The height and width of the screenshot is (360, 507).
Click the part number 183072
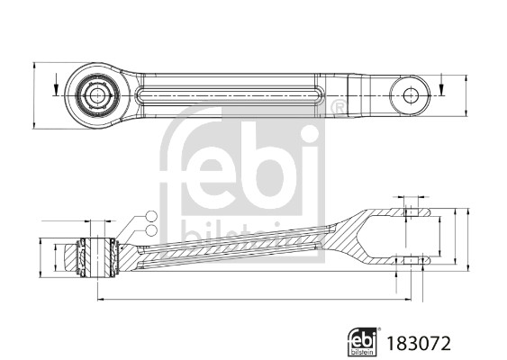pyautogui.click(x=419, y=344)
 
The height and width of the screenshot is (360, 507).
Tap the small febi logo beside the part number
pyautogui.click(x=363, y=342)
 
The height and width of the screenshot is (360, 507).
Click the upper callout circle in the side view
pyautogui.click(x=151, y=216)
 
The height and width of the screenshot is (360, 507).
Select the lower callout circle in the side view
pyautogui.click(x=151, y=230)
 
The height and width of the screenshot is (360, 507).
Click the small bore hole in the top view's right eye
pyautogui.click(x=411, y=95)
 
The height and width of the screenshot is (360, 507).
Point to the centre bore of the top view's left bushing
pyautogui.click(x=95, y=95)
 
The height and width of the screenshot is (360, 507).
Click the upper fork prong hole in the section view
pyautogui.click(x=411, y=212)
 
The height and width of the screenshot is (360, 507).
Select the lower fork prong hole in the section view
pyautogui.click(x=411, y=260)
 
